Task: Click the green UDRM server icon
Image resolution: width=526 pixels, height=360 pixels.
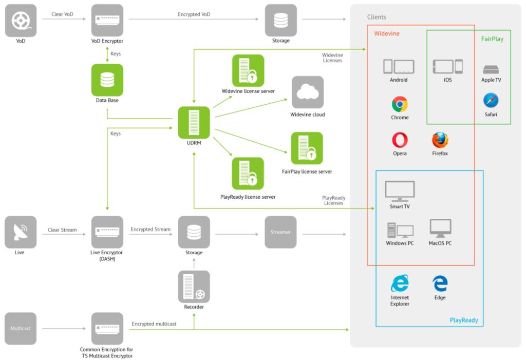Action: (194, 122)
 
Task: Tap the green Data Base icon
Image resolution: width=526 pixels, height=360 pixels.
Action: (107, 80)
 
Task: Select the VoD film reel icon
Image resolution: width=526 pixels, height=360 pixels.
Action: (21, 21)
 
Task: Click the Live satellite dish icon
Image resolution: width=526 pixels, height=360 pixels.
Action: (21, 232)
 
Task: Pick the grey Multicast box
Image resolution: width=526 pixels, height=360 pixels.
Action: (21, 328)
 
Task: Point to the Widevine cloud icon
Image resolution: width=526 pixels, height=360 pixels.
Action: (307, 92)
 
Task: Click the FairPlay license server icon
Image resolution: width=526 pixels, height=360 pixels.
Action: (307, 148)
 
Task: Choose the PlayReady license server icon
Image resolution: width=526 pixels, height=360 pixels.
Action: (248, 173)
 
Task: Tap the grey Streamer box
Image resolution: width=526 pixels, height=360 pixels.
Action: (280, 232)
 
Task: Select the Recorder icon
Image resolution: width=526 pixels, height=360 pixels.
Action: (194, 287)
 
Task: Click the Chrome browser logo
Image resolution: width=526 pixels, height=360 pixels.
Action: (400, 104)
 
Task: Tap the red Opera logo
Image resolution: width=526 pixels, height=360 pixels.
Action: (400, 140)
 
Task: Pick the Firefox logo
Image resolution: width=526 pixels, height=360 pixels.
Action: (440, 140)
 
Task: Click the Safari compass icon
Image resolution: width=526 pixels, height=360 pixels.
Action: (491, 101)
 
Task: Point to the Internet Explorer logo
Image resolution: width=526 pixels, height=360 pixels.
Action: (400, 283)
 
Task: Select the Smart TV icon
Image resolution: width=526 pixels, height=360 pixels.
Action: (400, 191)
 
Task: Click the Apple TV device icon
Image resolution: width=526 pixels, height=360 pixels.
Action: (491, 69)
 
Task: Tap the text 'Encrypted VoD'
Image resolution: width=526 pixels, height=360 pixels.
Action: (194, 14)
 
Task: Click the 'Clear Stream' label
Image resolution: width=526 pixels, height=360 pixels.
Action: (62, 230)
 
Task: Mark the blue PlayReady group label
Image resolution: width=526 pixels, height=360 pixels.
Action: (463, 320)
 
